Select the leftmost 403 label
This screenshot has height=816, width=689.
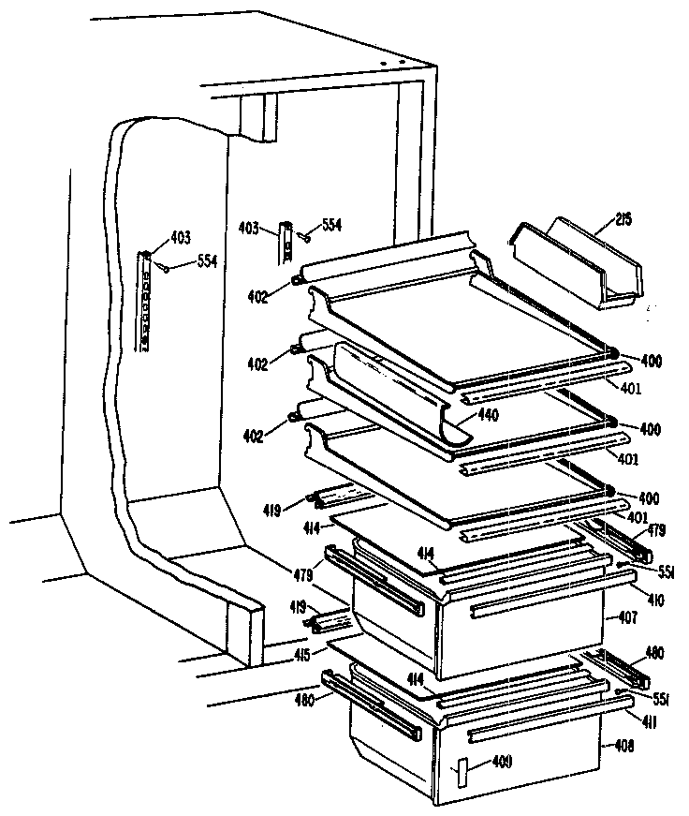click(x=180, y=238)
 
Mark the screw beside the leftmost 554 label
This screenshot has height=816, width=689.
click(x=166, y=268)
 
